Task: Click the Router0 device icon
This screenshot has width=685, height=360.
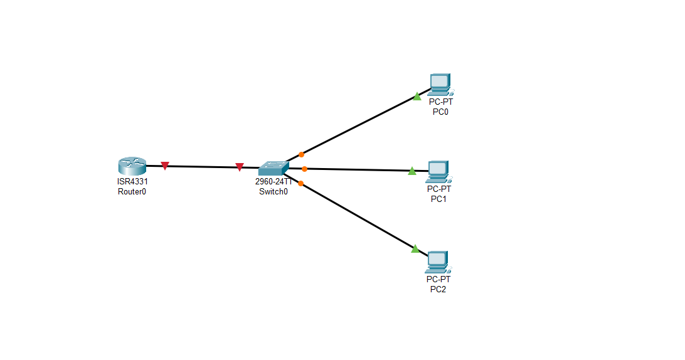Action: (x=132, y=166)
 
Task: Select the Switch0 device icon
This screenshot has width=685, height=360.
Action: (x=273, y=168)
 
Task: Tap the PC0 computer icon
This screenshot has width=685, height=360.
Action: (x=440, y=83)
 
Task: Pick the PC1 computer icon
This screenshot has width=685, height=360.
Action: (x=438, y=171)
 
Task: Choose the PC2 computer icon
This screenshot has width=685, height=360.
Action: (x=437, y=260)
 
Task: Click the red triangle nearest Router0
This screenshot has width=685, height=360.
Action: (x=165, y=166)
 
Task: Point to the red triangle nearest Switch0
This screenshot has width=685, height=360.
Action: (x=239, y=167)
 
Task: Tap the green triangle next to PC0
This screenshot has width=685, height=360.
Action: (x=417, y=97)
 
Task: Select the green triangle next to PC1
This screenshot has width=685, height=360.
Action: (x=412, y=171)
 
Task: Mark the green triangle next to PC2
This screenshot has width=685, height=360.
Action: (x=415, y=249)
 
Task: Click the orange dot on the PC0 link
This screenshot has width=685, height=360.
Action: (x=301, y=154)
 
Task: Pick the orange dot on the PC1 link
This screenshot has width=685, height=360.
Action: (x=304, y=169)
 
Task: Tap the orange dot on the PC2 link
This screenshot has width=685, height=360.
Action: (x=301, y=183)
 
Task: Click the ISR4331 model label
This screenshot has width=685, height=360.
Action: (x=132, y=182)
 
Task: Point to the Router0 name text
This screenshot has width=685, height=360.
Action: (x=132, y=191)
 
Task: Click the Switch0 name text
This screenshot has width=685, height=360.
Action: (x=273, y=191)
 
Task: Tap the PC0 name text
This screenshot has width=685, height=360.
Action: (x=440, y=112)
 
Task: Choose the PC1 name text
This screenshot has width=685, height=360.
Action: (x=438, y=199)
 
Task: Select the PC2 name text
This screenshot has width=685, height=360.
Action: (x=438, y=289)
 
